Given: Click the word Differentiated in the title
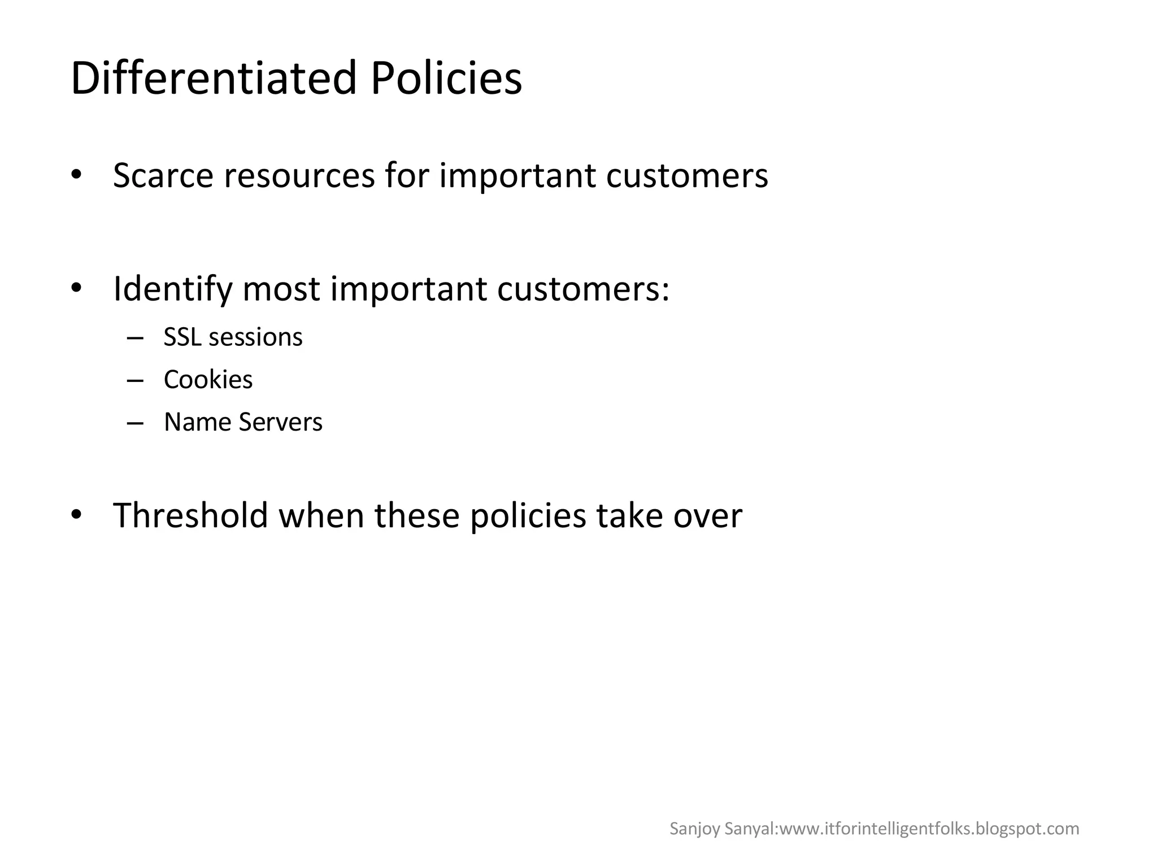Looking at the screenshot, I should tap(214, 78).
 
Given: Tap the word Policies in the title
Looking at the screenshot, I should tap(446, 78).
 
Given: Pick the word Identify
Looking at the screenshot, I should tap(173, 289).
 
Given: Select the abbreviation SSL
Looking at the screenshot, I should tap(182, 337).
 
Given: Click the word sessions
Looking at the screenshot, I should tap(256, 337).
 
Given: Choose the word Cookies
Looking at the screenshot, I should tap(208, 380).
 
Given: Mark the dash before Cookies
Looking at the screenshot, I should tap(136, 381).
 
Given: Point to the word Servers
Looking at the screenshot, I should tap(280, 422).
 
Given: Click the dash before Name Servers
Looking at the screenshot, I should tap(136, 423).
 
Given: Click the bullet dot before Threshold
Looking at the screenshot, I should tap(77, 514).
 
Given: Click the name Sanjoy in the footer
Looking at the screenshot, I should tap(687, 829).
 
